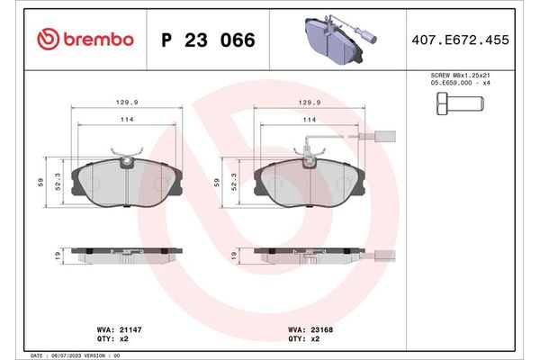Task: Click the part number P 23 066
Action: (x=206, y=40)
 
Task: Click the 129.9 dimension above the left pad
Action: (x=127, y=103)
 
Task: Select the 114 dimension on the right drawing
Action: (x=309, y=120)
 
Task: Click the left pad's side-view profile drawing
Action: (x=126, y=255)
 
